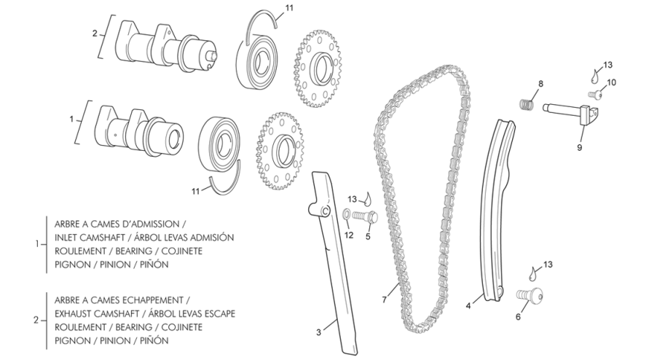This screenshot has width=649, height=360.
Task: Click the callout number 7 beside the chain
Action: [385, 299]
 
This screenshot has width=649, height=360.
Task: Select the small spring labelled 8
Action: [526, 103]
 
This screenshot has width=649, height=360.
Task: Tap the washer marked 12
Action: [346, 214]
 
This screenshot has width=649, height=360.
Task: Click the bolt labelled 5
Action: [366, 216]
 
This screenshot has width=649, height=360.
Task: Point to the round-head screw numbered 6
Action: [530, 295]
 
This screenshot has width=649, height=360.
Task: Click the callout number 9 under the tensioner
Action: [580, 147]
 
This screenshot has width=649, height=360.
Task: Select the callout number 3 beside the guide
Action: [318, 332]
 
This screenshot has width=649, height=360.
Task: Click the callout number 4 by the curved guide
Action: [468, 306]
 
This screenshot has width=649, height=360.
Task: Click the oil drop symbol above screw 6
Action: [534, 273]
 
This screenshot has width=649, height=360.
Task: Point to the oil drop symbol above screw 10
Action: [595, 75]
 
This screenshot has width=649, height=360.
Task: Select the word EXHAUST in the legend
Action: [72, 313]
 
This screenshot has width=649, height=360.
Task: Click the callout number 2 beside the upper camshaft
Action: [95, 33]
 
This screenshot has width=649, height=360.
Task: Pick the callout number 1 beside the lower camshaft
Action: [71, 119]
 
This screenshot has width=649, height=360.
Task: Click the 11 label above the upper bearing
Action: [289, 8]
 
